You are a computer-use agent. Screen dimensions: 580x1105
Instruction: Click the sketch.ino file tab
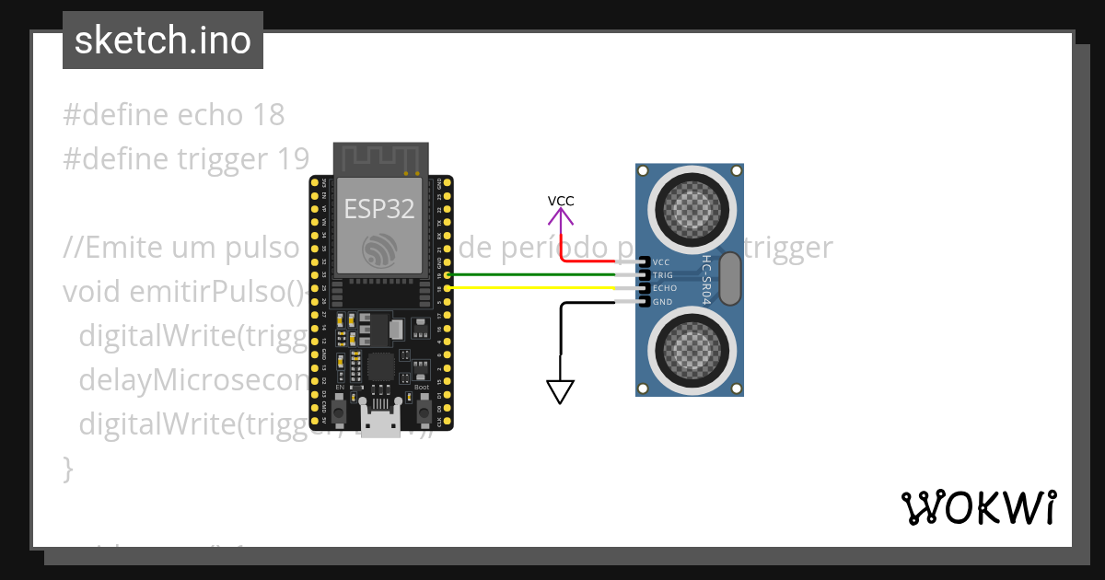(163, 41)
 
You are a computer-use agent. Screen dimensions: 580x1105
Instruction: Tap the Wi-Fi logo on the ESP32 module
(379, 250)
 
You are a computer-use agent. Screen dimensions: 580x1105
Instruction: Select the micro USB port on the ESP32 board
(380, 425)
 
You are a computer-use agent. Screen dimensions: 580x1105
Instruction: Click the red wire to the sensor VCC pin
(599, 261)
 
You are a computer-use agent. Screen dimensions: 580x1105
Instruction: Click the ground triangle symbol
(561, 392)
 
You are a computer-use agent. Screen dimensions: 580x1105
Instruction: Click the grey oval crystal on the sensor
(729, 279)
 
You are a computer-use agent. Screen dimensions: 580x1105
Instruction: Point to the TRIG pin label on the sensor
(663, 275)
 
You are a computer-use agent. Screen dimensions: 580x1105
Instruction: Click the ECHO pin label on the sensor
(664, 288)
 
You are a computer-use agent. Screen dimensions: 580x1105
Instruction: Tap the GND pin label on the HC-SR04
(662, 302)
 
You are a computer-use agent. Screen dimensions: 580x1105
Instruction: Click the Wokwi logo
(977, 507)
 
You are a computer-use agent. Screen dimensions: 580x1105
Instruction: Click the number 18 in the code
(266, 115)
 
